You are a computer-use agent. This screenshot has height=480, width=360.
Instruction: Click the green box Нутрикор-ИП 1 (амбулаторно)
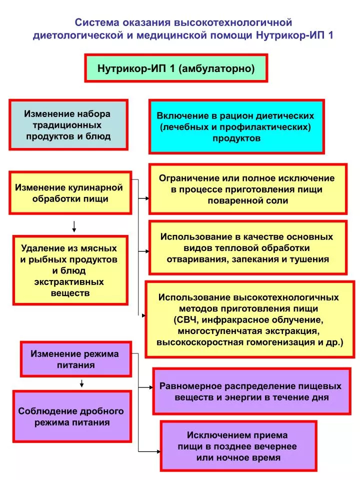point(176,68)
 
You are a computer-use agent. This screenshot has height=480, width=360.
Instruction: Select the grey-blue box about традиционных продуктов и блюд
point(68,124)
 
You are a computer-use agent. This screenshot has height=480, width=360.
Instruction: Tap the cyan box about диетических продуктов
point(236,126)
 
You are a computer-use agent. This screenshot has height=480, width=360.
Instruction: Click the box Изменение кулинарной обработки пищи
point(70,193)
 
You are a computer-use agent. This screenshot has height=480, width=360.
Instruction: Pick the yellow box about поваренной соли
point(248,189)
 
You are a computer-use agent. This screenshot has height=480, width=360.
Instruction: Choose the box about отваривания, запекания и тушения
point(248,247)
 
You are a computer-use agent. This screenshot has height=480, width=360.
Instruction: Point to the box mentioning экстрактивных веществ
point(70,270)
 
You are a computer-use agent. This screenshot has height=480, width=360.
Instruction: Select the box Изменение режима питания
point(76,359)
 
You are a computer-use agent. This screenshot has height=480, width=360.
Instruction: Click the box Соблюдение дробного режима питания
point(72,416)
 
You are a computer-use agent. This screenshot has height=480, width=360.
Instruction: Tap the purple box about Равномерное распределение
point(251,391)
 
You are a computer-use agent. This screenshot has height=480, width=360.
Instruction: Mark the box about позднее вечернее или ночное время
point(238,446)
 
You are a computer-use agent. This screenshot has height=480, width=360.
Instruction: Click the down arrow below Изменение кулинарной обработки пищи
point(74,226)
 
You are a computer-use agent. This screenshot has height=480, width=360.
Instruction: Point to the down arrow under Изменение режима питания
point(81,383)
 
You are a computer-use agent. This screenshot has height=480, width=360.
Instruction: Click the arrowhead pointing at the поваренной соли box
point(147,198)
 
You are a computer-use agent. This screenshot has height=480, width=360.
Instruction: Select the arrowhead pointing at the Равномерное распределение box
point(151,387)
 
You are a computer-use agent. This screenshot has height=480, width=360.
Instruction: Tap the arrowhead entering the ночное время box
point(158,451)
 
